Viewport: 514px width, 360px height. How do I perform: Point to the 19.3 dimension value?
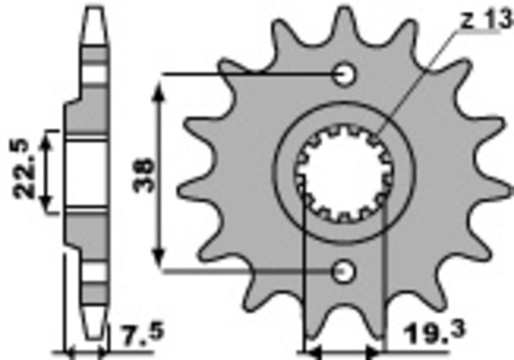pos(430,333)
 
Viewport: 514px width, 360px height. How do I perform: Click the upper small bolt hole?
pos(346,75)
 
